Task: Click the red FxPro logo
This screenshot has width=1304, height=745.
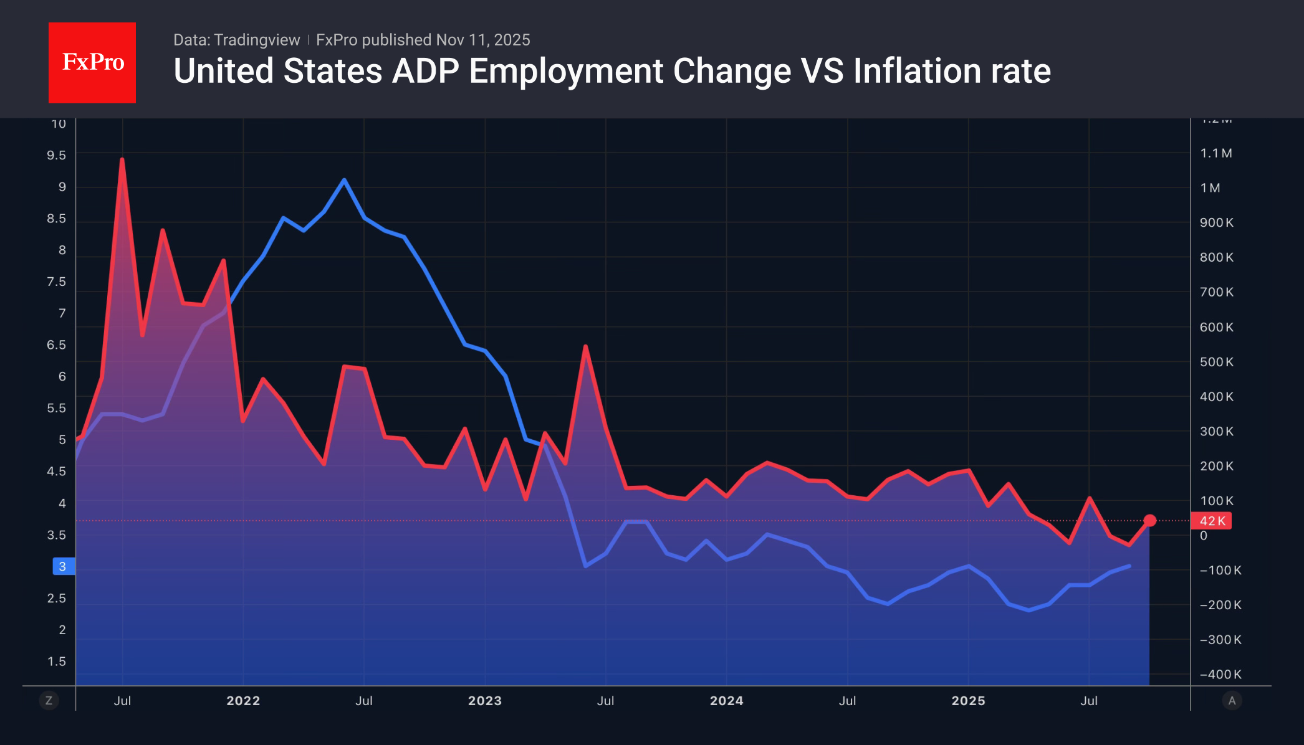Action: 92,62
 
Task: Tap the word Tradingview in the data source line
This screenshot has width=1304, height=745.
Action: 256,40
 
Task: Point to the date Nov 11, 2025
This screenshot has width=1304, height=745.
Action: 483,40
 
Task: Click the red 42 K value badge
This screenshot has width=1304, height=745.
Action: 1211,521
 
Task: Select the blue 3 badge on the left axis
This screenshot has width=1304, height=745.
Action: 63,566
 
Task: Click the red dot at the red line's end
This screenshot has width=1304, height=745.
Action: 1150,520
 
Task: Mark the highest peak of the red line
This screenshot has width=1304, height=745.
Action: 122,159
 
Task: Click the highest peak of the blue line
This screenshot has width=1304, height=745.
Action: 344,180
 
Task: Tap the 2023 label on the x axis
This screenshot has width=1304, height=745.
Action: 485,701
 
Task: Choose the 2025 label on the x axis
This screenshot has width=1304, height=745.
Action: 968,701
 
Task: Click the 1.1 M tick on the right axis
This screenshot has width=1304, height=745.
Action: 1216,153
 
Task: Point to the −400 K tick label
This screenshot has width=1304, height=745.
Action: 1220,675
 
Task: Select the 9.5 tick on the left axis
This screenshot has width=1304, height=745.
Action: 56,155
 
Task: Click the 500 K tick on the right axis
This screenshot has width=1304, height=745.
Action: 1216,362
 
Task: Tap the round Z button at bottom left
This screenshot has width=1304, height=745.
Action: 49,701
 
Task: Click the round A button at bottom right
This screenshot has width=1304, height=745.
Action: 1232,701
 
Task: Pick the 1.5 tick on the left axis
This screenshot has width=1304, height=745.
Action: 56,662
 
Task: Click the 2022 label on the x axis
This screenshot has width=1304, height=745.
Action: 243,701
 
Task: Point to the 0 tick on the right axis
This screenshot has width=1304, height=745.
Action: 1204,536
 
